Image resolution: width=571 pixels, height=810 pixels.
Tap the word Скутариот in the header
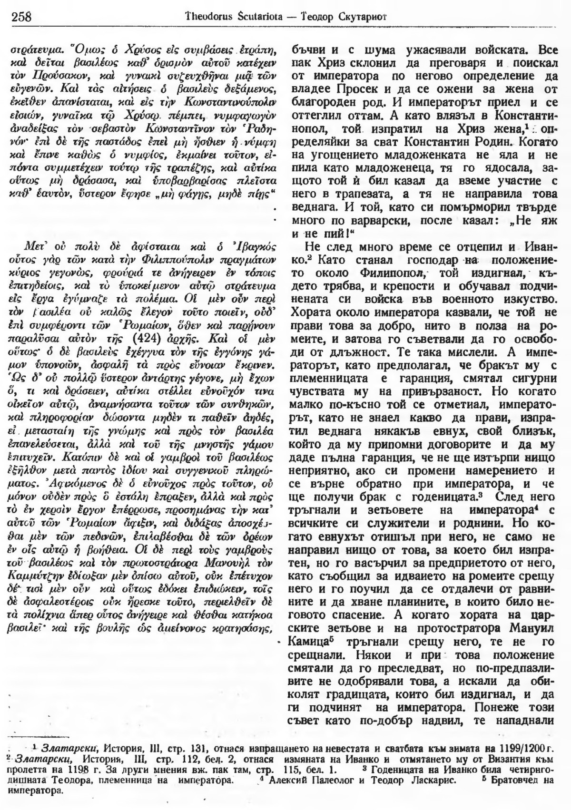[350, 18]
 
